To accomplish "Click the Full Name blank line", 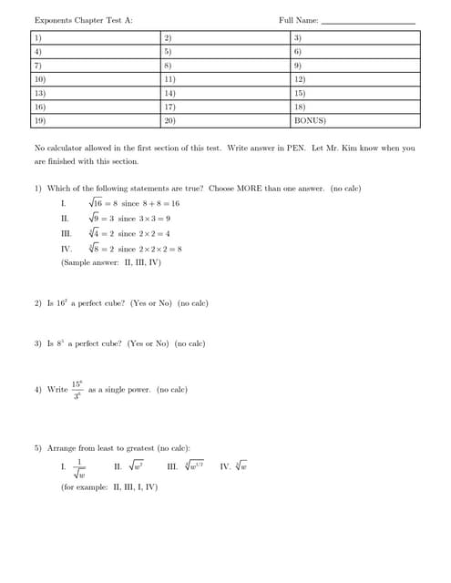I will (x=368, y=21).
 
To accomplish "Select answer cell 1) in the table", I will (x=97, y=37).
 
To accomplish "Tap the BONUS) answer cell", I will (x=355, y=120).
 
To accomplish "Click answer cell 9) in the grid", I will (x=355, y=66).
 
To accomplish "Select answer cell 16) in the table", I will (x=97, y=107).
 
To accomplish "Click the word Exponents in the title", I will (x=54, y=20).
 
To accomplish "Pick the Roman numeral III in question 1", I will (x=66, y=233).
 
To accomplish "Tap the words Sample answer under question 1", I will (x=90, y=262).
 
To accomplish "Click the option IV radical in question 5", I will (x=240, y=466).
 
